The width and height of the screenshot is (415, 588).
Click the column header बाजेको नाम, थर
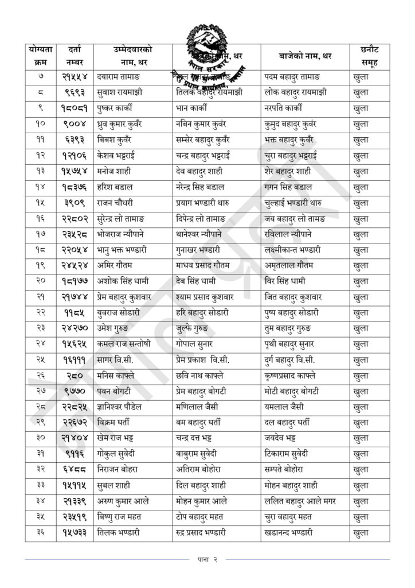[x=305, y=56]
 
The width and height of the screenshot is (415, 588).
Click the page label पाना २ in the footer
[x=207, y=559]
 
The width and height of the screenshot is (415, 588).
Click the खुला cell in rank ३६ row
[x=361, y=533]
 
